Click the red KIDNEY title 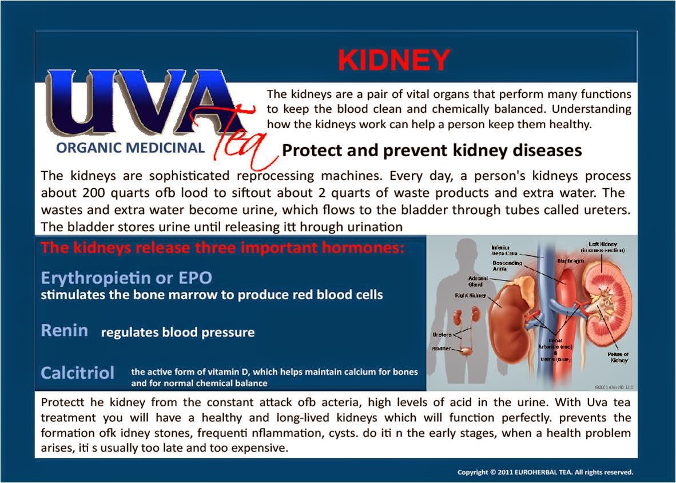pos(394,60)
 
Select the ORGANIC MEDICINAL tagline pos(130,148)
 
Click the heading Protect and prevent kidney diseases pos(432,151)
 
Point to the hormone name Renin pos(64,330)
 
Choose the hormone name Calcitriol pos(78,373)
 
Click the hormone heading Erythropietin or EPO pos(126,278)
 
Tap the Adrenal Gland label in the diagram pos(475,281)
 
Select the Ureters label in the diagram pos(442,335)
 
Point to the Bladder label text pos(442,348)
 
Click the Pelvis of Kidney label pos(619,357)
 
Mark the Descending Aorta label pos(507,266)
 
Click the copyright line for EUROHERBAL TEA pos(545,473)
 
